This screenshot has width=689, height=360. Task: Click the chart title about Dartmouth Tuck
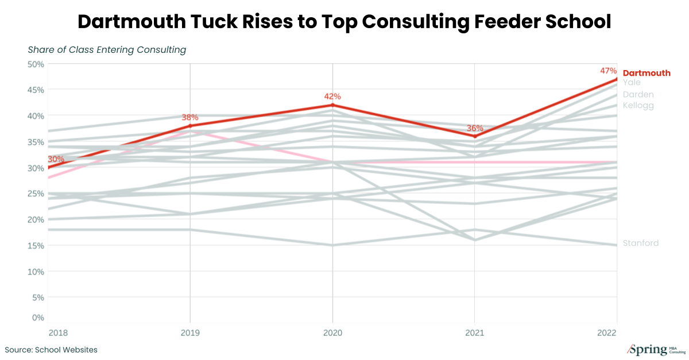(344, 22)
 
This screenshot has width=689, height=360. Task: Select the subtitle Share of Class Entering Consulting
(107, 50)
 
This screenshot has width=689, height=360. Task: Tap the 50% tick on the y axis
(36, 64)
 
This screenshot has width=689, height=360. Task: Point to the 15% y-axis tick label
(36, 246)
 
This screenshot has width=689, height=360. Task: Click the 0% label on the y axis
(37, 318)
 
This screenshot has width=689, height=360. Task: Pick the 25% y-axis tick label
(36, 193)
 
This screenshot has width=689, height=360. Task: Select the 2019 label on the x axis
(189, 333)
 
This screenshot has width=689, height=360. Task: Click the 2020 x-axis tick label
(332, 333)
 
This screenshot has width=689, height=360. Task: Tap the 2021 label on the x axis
(475, 333)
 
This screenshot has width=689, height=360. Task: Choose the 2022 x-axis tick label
(607, 333)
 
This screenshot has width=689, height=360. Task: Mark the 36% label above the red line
(475, 128)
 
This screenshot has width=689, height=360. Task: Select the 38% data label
(189, 117)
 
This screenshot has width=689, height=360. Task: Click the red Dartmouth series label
(647, 73)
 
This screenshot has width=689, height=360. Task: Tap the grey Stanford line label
(641, 243)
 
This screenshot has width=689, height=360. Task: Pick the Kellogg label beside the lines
(638, 106)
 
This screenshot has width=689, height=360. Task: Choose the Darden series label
(638, 94)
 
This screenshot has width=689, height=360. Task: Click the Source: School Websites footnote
(51, 350)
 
